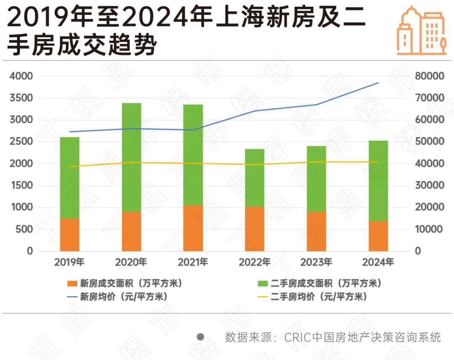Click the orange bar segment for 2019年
(x=70, y=235)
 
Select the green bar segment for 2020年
(x=132, y=157)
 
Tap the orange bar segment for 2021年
(x=193, y=228)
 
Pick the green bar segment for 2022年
(x=255, y=178)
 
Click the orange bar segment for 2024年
(x=378, y=236)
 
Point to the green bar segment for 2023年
(x=317, y=179)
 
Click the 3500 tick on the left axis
(x=21, y=98)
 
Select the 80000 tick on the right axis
(x=429, y=76)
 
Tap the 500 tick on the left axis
(x=24, y=229)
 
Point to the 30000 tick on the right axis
(x=429, y=185)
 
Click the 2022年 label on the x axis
(x=255, y=263)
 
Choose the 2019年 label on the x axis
(x=70, y=263)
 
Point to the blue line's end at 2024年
(x=378, y=83)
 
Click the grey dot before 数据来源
(x=201, y=336)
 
